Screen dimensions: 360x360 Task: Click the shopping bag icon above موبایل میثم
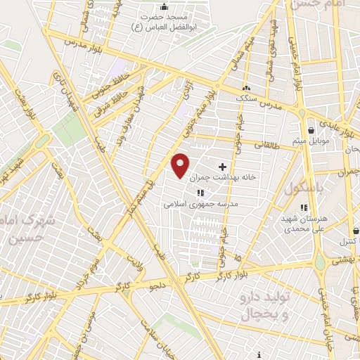coord(311,129)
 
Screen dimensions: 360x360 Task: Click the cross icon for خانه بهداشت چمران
coord(223,167)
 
